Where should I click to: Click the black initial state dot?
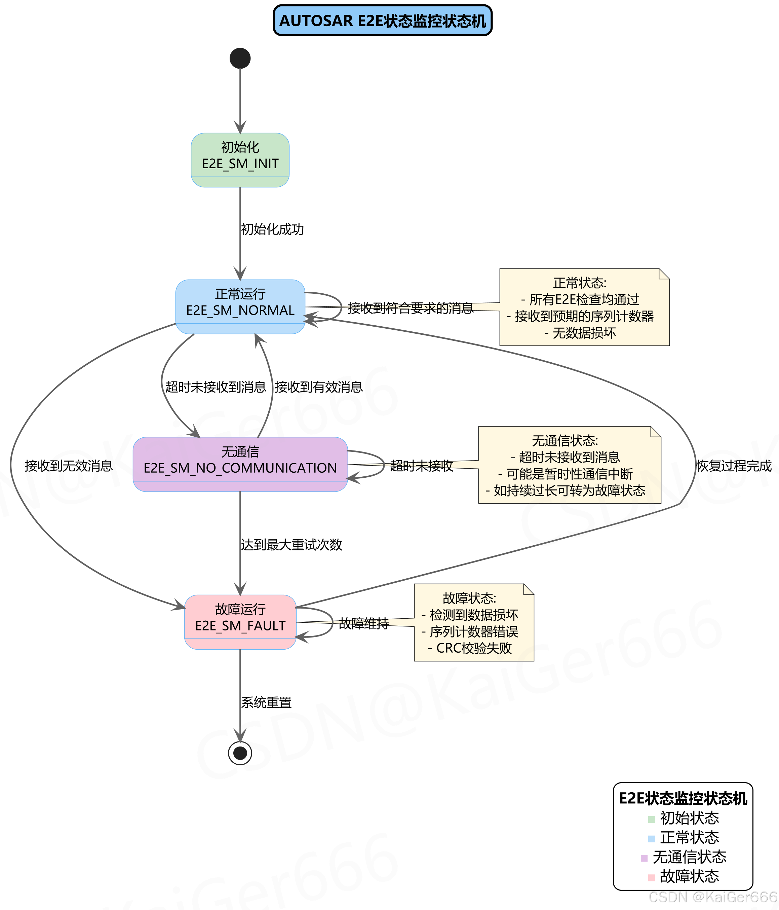pyautogui.click(x=240, y=59)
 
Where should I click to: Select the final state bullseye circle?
pyautogui.click(x=240, y=753)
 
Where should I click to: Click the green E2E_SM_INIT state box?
pyautogui.click(x=240, y=160)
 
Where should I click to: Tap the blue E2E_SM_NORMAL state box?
pyautogui.click(x=240, y=306)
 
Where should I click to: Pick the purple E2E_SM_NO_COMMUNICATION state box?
pyautogui.click(x=240, y=464)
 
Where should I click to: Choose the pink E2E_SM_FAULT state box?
pyautogui.click(x=240, y=621)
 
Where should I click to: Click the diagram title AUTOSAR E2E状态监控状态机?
pyautogui.click(x=383, y=21)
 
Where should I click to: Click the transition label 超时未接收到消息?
pyautogui.click(x=216, y=387)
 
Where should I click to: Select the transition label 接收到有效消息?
pyautogui.click(x=319, y=387)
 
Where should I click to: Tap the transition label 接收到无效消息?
pyautogui.click(x=69, y=466)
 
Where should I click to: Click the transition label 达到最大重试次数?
pyautogui.click(x=291, y=545)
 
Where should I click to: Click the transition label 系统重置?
pyautogui.click(x=266, y=702)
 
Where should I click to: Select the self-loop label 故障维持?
pyautogui.click(x=364, y=623)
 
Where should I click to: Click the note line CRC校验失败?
pyautogui.click(x=474, y=648)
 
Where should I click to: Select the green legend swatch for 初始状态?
pyautogui.click(x=651, y=819)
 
